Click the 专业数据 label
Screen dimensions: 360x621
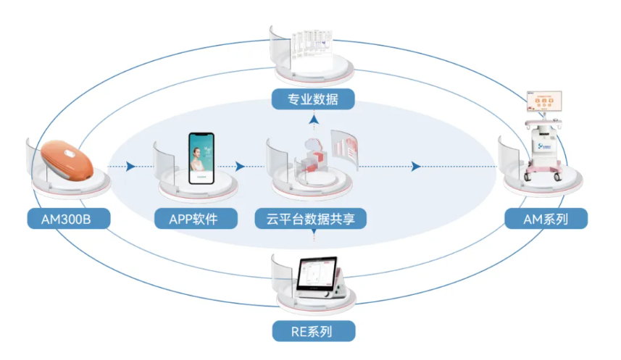(x=314, y=99)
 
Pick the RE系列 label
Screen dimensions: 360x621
(x=314, y=332)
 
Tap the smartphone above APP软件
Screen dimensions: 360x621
(x=203, y=157)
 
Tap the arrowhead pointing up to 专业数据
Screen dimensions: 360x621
(x=313, y=119)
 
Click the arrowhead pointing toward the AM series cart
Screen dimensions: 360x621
(x=417, y=167)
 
